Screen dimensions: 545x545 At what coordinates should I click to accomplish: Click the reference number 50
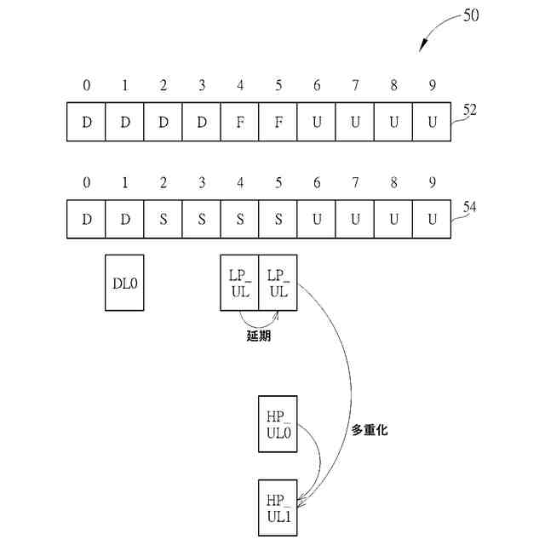coord(471,15)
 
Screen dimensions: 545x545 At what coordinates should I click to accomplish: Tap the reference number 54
coord(471,207)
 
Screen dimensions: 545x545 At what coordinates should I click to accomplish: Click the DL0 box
coord(124,283)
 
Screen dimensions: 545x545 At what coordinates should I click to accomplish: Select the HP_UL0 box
coord(278,423)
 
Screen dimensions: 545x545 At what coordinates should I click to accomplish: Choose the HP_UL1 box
coord(278,508)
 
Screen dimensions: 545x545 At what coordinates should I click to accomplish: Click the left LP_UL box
coord(239,283)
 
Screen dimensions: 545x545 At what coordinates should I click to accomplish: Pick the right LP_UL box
coord(278,283)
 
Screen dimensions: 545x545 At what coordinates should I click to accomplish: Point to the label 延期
coord(258,336)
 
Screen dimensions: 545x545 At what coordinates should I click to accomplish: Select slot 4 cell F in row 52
coord(240,122)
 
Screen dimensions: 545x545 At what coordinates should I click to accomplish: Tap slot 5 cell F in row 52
coord(278,122)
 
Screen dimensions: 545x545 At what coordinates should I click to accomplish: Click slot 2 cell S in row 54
coord(163,219)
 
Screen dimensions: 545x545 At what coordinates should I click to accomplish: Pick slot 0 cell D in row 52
coord(87,122)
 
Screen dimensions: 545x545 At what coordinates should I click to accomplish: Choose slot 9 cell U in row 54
coord(432,219)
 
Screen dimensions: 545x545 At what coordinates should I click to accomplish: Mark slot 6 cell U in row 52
coord(317,122)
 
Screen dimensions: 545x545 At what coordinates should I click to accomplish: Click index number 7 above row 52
coord(355,85)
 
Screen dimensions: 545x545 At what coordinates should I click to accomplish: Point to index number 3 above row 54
coord(202,182)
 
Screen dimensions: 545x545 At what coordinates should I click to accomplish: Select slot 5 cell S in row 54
coord(278,219)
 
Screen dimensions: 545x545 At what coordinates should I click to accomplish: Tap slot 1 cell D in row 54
coord(125,219)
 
